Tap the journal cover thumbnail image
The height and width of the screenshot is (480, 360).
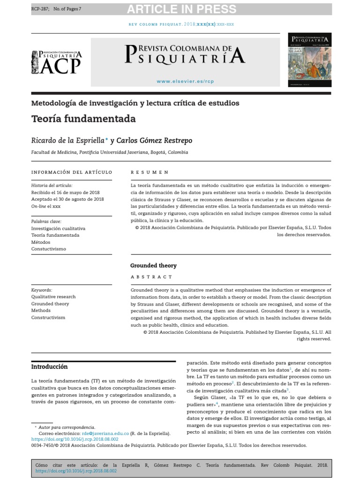(309, 60)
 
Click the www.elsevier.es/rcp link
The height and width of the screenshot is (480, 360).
(185, 81)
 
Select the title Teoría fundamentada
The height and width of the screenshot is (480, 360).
(83, 119)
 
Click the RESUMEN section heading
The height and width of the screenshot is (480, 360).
(150, 172)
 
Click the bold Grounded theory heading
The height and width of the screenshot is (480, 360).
(153, 265)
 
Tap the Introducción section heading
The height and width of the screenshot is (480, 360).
(49, 367)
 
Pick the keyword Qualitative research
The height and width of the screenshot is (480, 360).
(53, 297)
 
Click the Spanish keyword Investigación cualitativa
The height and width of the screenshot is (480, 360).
(58, 228)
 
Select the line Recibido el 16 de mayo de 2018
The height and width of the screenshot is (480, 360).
(65, 192)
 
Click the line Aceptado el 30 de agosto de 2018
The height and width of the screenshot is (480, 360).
(67, 199)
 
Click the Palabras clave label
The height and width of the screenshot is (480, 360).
(46, 221)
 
